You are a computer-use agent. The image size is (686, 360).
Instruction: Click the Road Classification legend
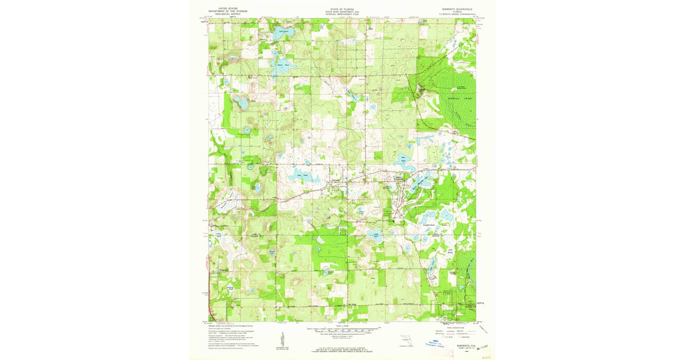click(452, 330)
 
